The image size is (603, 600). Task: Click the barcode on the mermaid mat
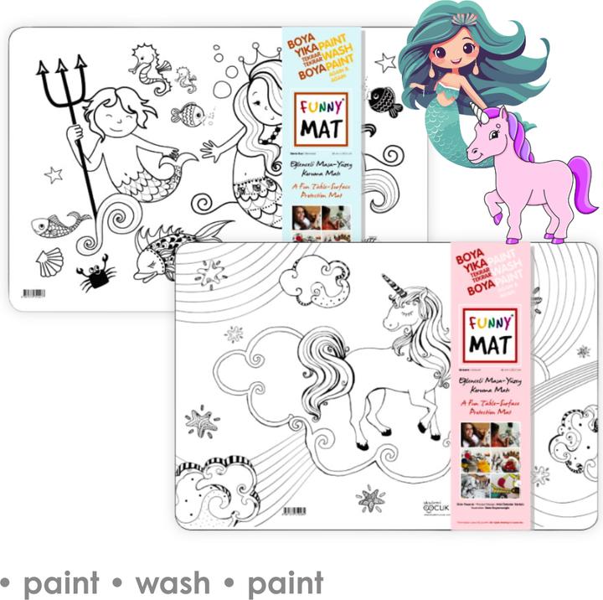click(x=33, y=293)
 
